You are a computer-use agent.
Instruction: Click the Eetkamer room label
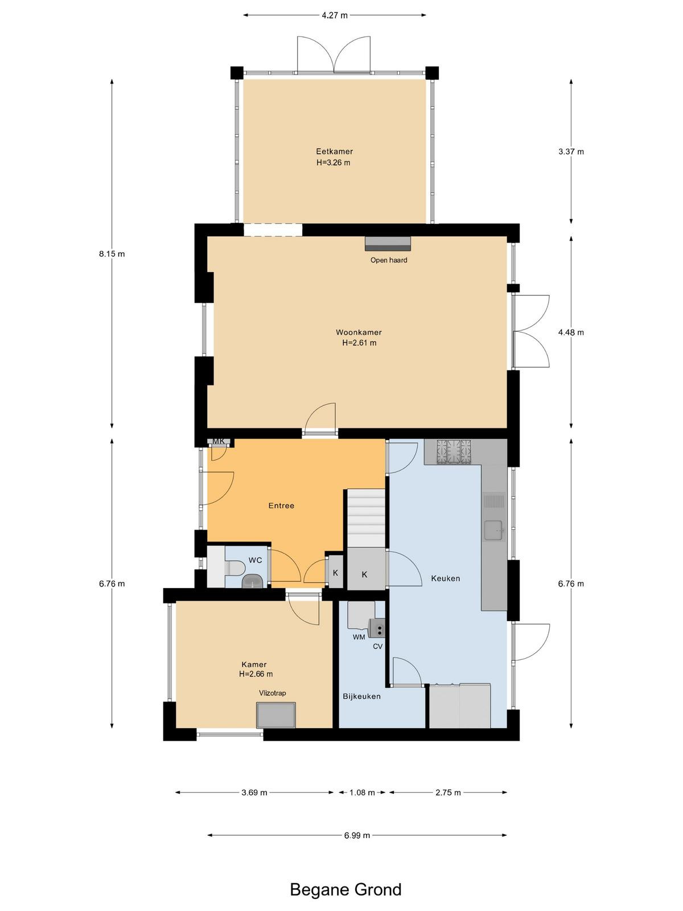334,151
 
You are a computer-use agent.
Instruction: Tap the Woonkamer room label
359,332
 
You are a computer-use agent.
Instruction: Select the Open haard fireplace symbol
388,244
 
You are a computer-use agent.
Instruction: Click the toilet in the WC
234,568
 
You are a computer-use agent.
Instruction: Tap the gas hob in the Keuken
453,451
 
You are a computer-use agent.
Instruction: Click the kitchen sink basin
493,531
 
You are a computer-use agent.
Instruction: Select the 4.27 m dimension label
335,15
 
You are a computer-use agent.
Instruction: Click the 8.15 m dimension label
112,254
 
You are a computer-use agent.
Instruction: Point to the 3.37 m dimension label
571,151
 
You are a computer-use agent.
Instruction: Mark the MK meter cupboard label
218,441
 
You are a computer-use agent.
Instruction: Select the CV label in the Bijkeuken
377,646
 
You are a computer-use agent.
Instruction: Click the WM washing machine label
359,637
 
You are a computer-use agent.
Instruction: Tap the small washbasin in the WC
252,581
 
